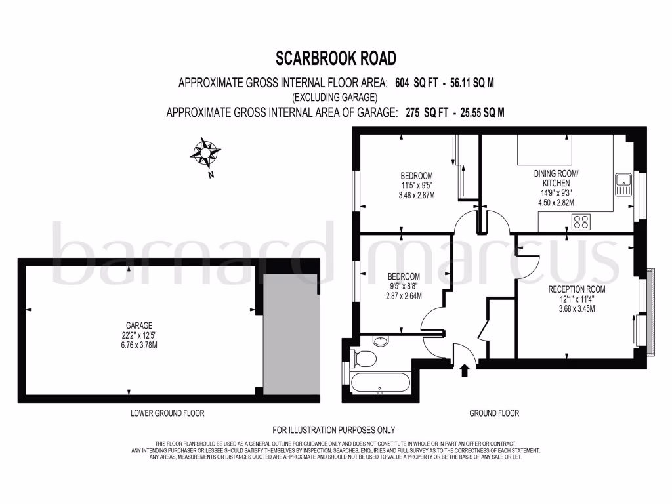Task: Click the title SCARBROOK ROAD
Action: [335, 58]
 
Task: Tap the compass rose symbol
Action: [205, 154]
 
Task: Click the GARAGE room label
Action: [139, 325]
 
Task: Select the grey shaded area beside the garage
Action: [290, 334]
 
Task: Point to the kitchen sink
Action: [622, 184]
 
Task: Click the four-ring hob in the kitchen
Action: [580, 222]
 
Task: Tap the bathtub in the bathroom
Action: [380, 383]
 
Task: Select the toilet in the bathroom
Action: [364, 358]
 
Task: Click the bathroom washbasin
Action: [381, 341]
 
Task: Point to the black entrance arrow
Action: [465, 371]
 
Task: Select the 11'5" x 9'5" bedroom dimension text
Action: [417, 185]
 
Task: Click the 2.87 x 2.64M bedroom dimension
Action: [403, 296]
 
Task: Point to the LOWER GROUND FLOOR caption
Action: [168, 413]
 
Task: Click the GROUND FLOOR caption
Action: [494, 413]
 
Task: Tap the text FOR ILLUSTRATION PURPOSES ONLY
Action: [334, 430]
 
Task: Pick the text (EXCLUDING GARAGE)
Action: [335, 98]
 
